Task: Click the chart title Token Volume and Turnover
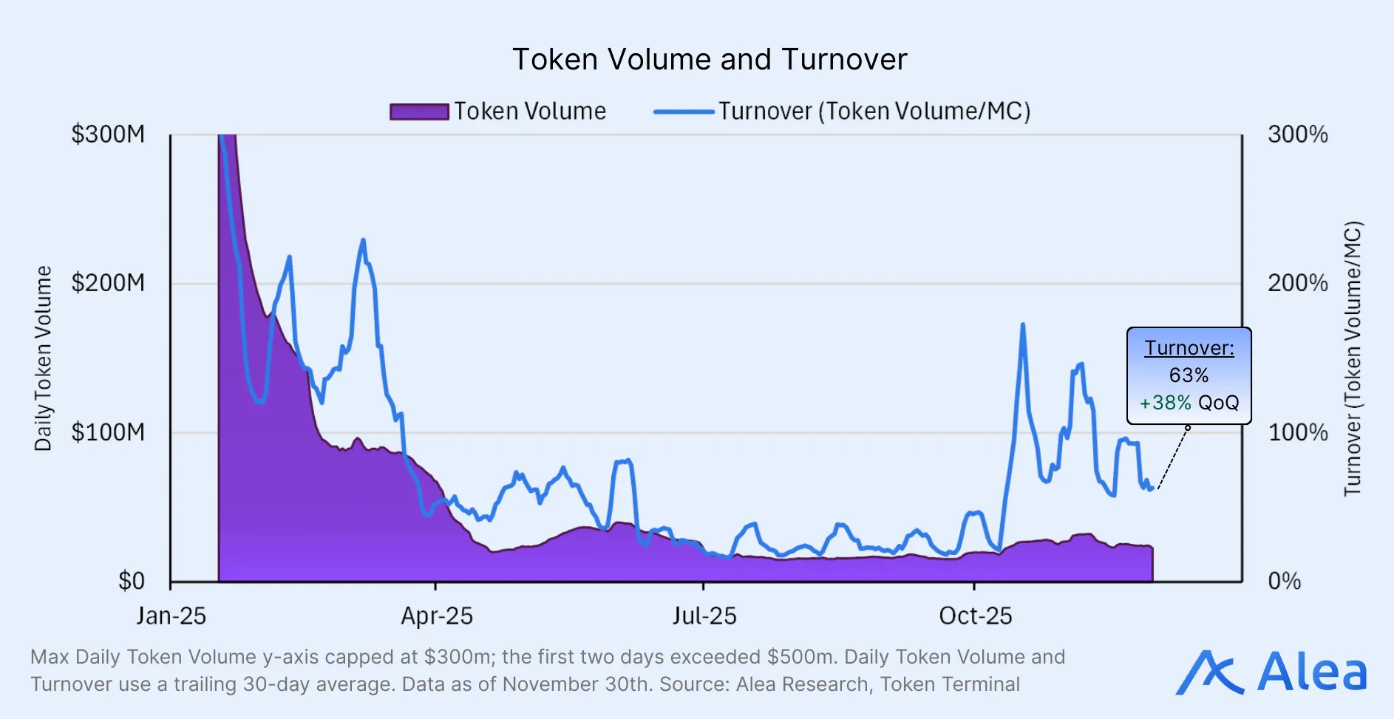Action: tap(710, 60)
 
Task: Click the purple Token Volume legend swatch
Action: tap(419, 112)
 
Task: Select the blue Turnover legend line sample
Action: tap(683, 112)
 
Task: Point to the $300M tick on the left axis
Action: tap(108, 134)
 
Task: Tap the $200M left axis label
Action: tap(108, 283)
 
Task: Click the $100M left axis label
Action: tap(108, 432)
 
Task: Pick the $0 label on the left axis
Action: tap(132, 581)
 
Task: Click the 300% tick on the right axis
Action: tap(1297, 134)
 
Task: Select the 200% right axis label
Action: tap(1297, 283)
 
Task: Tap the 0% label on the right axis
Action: tap(1284, 581)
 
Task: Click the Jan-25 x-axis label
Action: tap(171, 616)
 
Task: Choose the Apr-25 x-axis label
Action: tap(436, 616)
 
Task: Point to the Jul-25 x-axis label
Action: tap(704, 616)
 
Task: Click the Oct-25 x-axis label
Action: tap(975, 616)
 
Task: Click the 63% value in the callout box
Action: tap(1189, 375)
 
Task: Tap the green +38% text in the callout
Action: tap(1165, 403)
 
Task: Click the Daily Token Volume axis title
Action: tap(43, 358)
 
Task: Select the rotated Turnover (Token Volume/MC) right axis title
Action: tap(1352, 358)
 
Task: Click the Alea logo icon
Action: tap(1209, 672)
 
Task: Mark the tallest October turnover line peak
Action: tap(1022, 324)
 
